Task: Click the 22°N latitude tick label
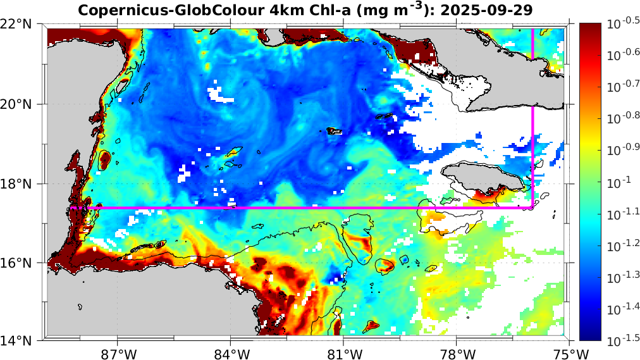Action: coord(18,25)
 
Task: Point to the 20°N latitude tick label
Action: coord(18,104)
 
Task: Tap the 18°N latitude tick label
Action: coord(18,183)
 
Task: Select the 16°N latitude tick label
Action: coord(18,263)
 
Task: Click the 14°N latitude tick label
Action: coord(18,341)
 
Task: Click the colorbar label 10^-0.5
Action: coord(621,24)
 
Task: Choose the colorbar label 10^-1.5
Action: coord(621,340)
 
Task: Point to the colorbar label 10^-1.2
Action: coord(621,245)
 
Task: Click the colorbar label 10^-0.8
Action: coord(621,118)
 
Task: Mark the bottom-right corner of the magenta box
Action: coord(533,208)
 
